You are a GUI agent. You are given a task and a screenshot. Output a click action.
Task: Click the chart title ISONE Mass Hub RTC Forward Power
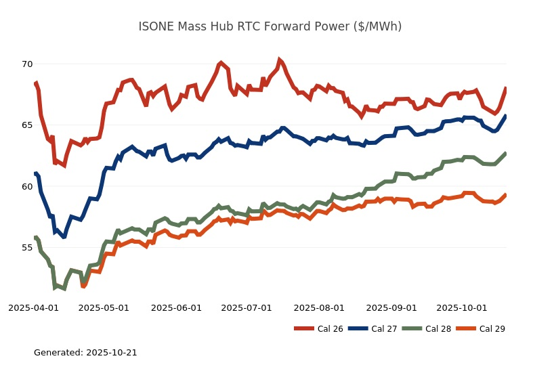tap(270, 26)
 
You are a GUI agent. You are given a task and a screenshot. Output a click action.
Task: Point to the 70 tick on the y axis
tap(26, 64)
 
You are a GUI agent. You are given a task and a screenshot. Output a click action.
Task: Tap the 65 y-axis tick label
tap(26, 125)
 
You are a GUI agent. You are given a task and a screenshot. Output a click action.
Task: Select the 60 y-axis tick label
tap(26, 186)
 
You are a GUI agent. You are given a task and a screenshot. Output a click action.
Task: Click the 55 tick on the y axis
tap(26, 248)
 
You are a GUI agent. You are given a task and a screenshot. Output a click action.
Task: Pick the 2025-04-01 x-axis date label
tap(33, 307)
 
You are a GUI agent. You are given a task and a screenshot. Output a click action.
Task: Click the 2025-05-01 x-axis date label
tap(104, 307)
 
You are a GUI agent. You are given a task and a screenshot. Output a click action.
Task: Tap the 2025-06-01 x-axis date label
tap(176, 307)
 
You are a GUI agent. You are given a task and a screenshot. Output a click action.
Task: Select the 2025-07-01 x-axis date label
tap(247, 307)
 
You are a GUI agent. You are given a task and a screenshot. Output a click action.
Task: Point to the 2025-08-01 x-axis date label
tap(319, 307)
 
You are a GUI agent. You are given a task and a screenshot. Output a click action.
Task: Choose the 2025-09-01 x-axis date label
tap(391, 307)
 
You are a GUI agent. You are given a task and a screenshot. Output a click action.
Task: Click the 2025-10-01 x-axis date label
tap(462, 307)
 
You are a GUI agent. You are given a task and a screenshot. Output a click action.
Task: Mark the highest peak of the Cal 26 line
tap(279, 60)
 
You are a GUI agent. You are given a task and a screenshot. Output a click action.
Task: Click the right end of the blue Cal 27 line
tap(506, 116)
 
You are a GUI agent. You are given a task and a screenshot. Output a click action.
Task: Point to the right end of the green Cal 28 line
tap(506, 153)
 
